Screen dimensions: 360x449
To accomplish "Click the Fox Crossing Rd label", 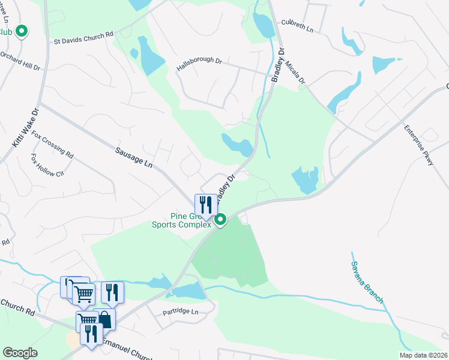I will click(x=52, y=145).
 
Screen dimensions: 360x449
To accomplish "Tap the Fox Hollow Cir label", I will click(x=47, y=166).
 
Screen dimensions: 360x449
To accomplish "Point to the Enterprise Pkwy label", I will click(x=418, y=145).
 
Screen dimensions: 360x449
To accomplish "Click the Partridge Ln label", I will click(x=180, y=312).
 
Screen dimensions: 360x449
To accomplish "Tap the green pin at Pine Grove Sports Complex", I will click(x=220, y=220).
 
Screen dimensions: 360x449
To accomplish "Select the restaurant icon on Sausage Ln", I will click(x=206, y=205).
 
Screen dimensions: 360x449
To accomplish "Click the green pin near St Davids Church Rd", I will click(x=22, y=31).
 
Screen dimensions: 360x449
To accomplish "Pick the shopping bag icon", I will click(x=104, y=319).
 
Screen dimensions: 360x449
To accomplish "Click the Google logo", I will click(x=20, y=353).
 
